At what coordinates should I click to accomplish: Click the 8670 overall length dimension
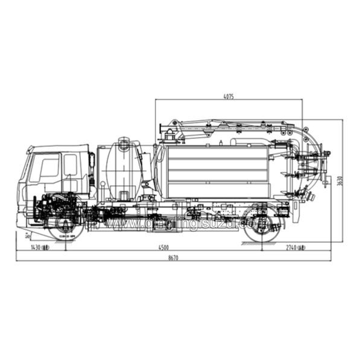tap(174, 258)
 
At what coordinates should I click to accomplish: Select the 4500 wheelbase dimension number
tap(163, 246)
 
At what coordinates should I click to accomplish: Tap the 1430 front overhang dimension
tap(40, 247)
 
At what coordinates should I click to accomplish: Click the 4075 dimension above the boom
tap(228, 96)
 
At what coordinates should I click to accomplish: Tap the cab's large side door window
tap(49, 167)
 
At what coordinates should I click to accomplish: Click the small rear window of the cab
tap(71, 164)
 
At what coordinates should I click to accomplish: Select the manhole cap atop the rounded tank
tap(124, 142)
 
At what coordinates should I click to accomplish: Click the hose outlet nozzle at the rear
tap(311, 197)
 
